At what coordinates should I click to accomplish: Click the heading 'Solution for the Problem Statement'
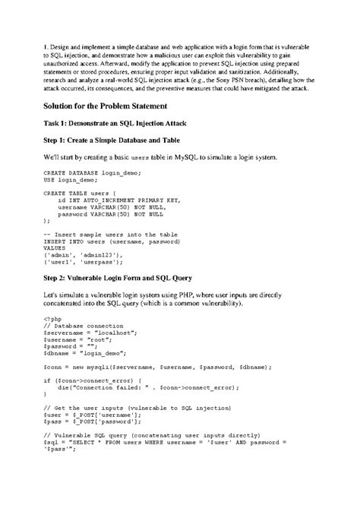click(x=111, y=106)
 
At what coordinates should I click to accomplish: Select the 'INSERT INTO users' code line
click(x=113, y=241)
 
